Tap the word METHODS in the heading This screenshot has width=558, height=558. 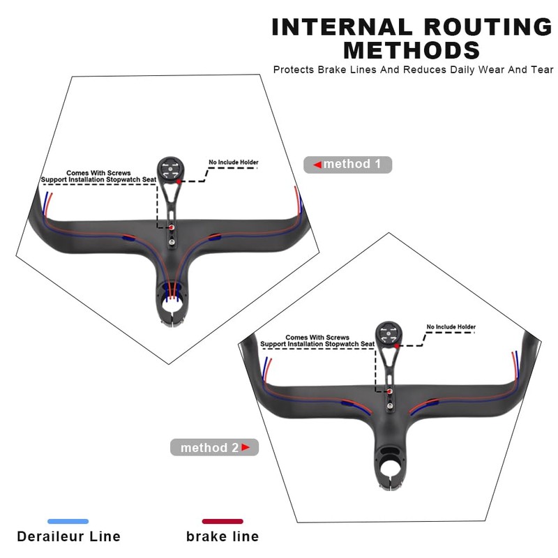(x=412, y=50)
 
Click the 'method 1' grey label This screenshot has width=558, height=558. (x=348, y=165)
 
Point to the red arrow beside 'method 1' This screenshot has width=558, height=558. (x=317, y=165)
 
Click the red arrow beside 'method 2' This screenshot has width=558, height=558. (x=246, y=447)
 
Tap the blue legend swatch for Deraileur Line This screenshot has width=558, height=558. (x=68, y=521)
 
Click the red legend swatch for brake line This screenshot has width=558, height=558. (x=223, y=521)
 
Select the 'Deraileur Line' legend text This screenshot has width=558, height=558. (x=68, y=536)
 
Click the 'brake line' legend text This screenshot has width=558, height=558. (x=223, y=536)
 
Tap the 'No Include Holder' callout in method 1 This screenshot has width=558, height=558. (x=234, y=163)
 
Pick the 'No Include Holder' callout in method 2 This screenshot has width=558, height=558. (x=451, y=326)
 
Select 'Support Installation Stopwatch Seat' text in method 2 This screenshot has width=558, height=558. (x=317, y=344)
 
